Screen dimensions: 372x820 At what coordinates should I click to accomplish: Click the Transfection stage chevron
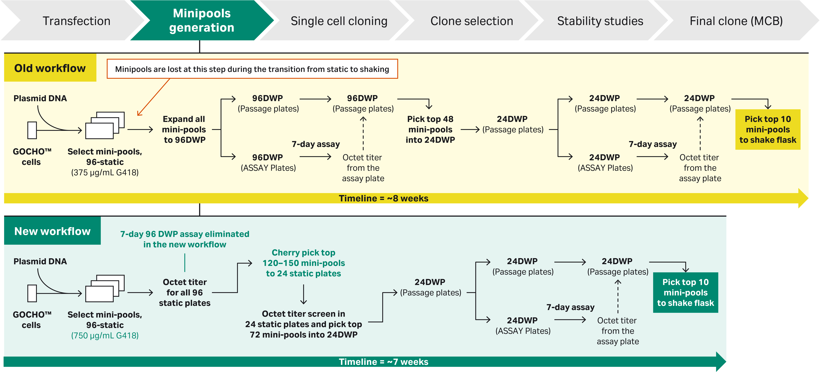76,21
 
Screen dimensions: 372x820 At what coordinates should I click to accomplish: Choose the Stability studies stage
600,21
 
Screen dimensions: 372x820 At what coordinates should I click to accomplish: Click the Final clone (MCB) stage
736,21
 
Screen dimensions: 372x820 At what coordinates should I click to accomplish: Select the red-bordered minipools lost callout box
252,69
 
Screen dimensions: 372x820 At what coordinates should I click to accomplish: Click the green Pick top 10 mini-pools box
685,292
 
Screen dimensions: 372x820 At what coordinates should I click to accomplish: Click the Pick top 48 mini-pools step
430,130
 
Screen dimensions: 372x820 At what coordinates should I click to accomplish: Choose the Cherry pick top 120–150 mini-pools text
303,263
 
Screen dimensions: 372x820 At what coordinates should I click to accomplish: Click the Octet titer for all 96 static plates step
185,292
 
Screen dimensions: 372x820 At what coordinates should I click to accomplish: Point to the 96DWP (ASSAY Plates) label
268,162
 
